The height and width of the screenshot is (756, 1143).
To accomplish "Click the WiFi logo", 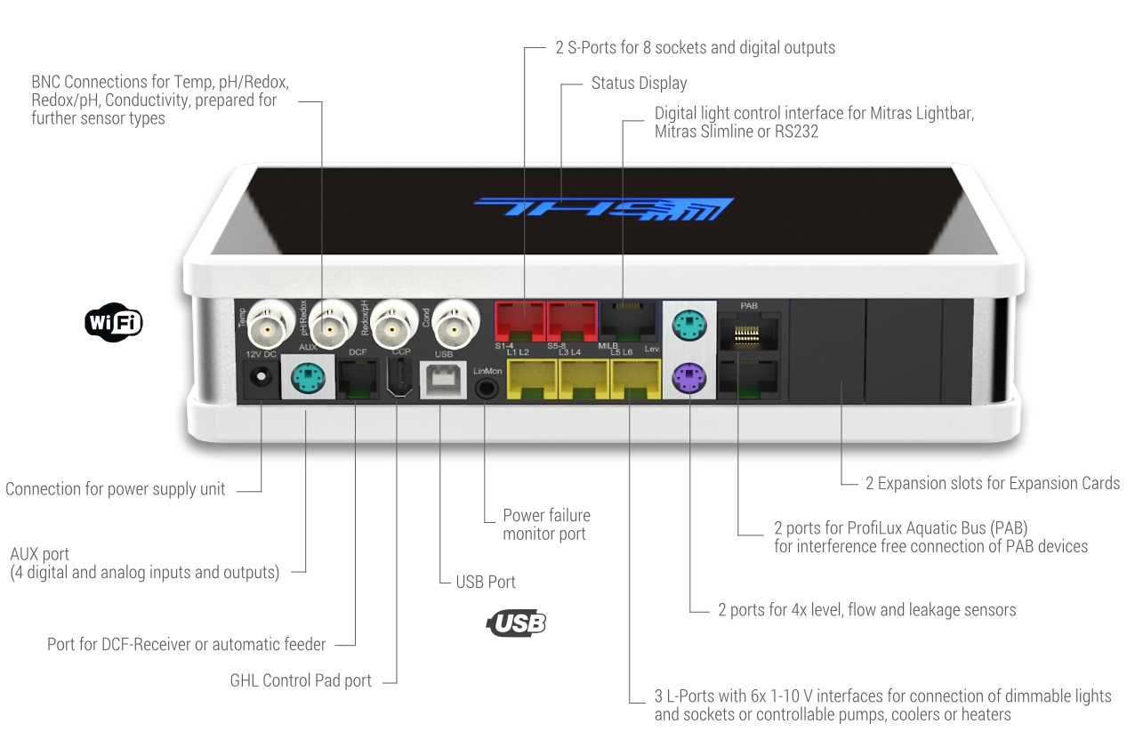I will (x=113, y=323).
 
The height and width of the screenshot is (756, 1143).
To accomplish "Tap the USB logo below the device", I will (x=517, y=623).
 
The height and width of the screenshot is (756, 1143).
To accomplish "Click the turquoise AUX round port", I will (x=308, y=380).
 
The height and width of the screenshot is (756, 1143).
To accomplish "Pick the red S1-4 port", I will (x=519, y=321).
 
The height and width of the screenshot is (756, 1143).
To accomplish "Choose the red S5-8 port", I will (x=571, y=321).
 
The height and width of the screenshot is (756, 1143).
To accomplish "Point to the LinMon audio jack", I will (x=486, y=386).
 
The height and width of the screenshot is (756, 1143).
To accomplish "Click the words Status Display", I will (x=639, y=84).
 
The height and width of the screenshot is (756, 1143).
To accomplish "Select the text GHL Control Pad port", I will (x=301, y=681).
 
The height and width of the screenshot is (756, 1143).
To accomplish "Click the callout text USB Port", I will (x=486, y=583).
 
